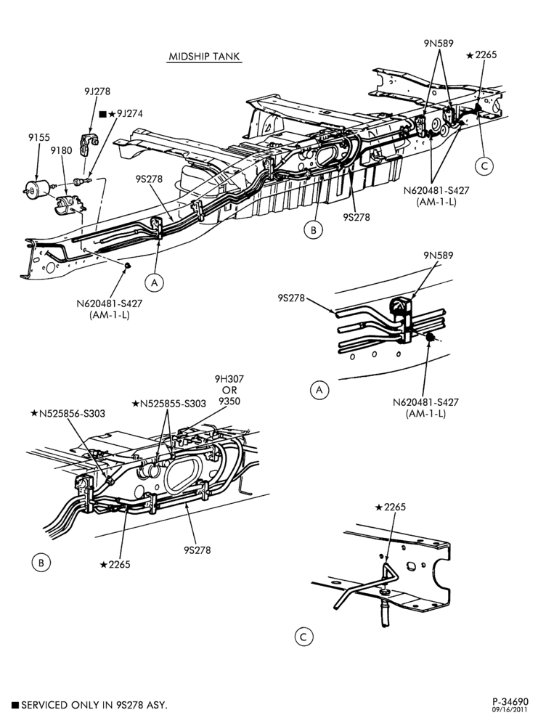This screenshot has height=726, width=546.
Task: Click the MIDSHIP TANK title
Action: [x=204, y=57]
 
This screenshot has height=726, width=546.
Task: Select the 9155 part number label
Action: [x=39, y=137]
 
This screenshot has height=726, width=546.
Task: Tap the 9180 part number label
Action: [x=61, y=150]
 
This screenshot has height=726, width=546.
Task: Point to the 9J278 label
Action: [x=97, y=91]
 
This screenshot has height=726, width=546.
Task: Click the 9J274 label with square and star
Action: [x=121, y=113]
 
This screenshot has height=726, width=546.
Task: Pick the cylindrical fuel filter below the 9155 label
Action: [x=37, y=187]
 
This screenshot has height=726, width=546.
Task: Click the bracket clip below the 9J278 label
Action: [x=89, y=144]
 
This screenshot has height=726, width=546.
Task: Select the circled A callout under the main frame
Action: [x=154, y=282]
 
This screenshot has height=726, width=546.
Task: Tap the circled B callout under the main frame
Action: [x=314, y=229]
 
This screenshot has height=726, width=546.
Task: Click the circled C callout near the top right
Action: [x=484, y=166]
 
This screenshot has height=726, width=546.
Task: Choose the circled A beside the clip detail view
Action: [x=319, y=390]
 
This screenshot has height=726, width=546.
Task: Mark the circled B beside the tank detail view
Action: [x=41, y=563]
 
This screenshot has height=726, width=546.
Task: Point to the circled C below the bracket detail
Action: [x=303, y=637]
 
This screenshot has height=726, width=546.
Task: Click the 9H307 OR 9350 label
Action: [x=229, y=390]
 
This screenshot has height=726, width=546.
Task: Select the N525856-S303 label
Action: [x=68, y=413]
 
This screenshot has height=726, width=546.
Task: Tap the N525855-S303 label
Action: [x=169, y=403]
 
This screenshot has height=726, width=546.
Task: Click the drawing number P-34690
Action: [x=510, y=702]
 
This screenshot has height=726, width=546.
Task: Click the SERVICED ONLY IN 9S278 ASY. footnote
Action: [x=89, y=705]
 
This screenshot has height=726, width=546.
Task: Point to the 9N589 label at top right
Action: [x=438, y=43]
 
